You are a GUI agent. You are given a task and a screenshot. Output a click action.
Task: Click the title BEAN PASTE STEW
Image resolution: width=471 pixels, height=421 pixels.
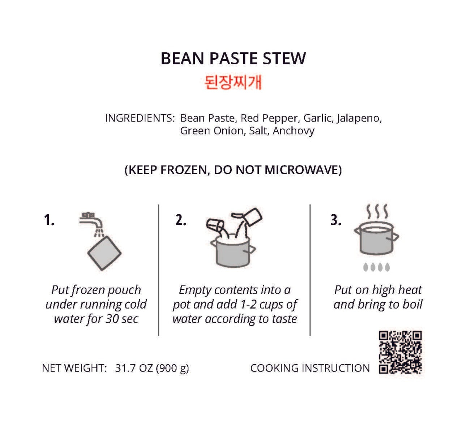tap(233, 59)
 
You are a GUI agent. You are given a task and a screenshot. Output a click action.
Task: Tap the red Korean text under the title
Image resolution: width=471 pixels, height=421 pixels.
tap(233, 83)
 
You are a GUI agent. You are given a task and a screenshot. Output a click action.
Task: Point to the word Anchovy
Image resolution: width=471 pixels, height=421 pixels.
tap(294, 131)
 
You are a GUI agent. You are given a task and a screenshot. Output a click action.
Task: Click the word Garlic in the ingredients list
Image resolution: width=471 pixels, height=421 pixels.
tap(317, 118)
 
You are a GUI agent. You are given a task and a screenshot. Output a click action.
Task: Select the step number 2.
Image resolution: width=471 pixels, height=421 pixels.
tap(181, 220)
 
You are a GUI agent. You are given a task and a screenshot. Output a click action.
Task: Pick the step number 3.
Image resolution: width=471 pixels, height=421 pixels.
tap(335, 220)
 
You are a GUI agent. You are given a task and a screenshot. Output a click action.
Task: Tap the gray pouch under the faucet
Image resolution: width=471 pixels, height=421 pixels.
tap(104, 253)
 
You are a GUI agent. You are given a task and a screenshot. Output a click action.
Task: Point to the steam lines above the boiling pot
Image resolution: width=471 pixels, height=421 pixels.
tap(377, 211)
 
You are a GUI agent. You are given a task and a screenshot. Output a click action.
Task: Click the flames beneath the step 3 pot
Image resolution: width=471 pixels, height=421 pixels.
tap(376, 267)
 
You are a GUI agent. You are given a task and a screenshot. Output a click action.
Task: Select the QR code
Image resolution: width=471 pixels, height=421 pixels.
tap(400, 352)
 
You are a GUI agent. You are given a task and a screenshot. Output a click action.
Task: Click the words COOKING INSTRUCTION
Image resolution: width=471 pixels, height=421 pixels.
tap(310, 368)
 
